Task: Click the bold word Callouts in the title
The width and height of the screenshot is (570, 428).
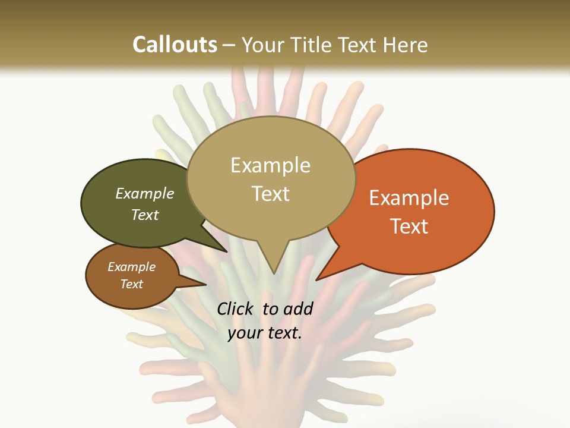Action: [x=175, y=45]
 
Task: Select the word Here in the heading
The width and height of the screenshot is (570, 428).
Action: [x=404, y=45]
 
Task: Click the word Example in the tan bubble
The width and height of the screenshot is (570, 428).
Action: [x=270, y=165]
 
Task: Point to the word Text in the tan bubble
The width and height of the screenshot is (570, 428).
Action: [x=270, y=193]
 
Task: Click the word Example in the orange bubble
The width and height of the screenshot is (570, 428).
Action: [x=409, y=198]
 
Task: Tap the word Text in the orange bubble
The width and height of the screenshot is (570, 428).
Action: [x=409, y=226]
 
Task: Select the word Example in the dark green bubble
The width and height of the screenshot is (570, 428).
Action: [x=145, y=193]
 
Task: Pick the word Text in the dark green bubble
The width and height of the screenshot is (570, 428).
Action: [x=145, y=215]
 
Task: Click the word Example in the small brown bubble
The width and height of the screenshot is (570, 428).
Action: [x=132, y=267]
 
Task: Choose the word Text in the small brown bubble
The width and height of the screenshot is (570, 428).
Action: [x=132, y=284]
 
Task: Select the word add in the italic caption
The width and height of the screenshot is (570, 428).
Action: [x=299, y=309]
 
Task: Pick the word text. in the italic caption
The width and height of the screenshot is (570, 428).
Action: [x=283, y=333]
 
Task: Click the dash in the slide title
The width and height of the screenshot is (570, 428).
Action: [x=229, y=45]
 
